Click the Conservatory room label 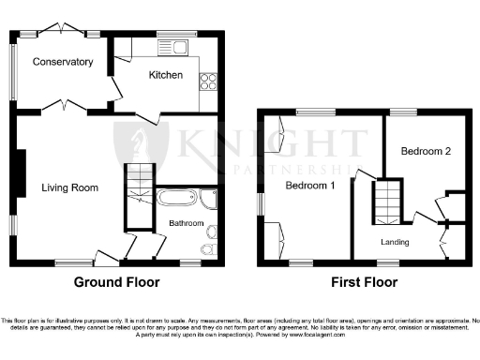point(63,63)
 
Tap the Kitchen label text point(166,75)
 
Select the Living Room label point(70,187)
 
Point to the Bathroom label point(186,223)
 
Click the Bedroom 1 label point(310,186)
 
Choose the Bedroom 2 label point(427,151)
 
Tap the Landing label point(395,242)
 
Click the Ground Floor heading point(117,282)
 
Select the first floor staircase point(387,201)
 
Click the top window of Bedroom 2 point(404,112)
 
